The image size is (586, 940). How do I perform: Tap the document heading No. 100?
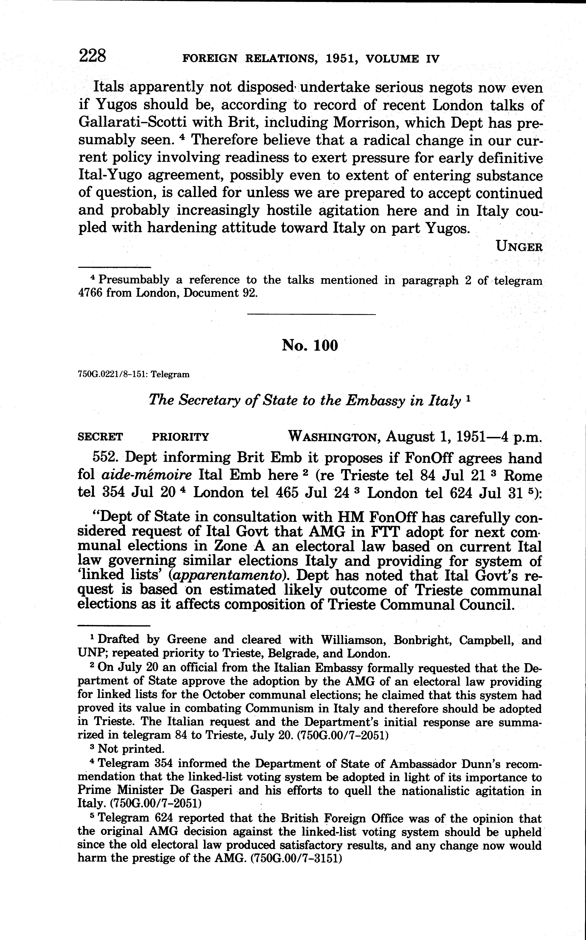[x=310, y=345]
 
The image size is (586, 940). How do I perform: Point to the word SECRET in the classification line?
[x=100, y=437]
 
